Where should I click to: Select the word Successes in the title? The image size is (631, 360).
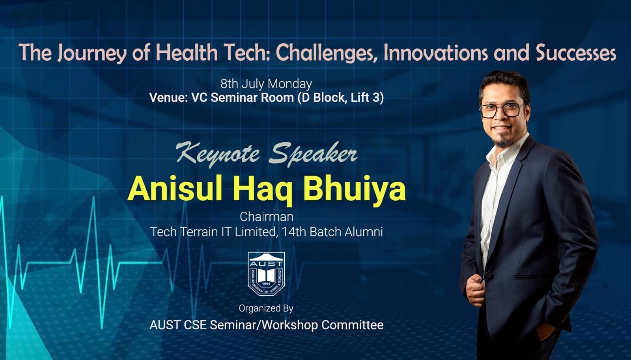(x=575, y=53)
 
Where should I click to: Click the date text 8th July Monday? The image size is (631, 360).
(x=266, y=84)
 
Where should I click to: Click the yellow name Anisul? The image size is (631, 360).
(x=174, y=189)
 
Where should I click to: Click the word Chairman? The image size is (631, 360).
(x=266, y=216)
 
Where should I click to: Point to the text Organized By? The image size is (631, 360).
(x=266, y=308)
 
